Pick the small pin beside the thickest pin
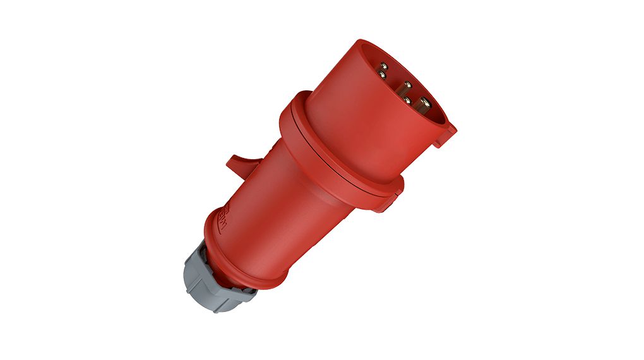(408, 100)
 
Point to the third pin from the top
(407, 85)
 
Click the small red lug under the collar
(388, 201)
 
